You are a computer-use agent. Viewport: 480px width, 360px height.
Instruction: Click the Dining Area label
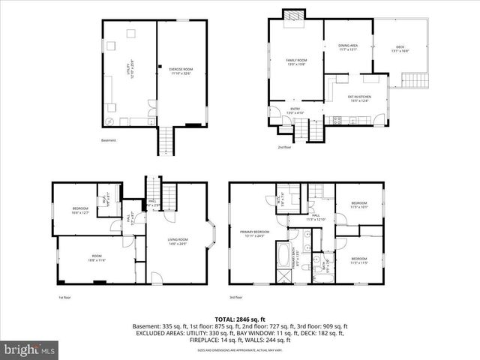coord(349,47)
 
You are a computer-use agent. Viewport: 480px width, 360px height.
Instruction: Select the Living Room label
coord(178,241)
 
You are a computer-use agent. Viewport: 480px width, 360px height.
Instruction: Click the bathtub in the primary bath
coord(286,256)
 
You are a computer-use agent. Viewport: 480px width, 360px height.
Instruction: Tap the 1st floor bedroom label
coord(80,211)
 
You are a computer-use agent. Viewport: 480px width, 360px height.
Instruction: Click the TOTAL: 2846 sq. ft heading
coord(240,319)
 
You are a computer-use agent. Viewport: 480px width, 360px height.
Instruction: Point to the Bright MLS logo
coord(30,349)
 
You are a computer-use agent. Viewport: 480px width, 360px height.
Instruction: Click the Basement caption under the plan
coord(109,140)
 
